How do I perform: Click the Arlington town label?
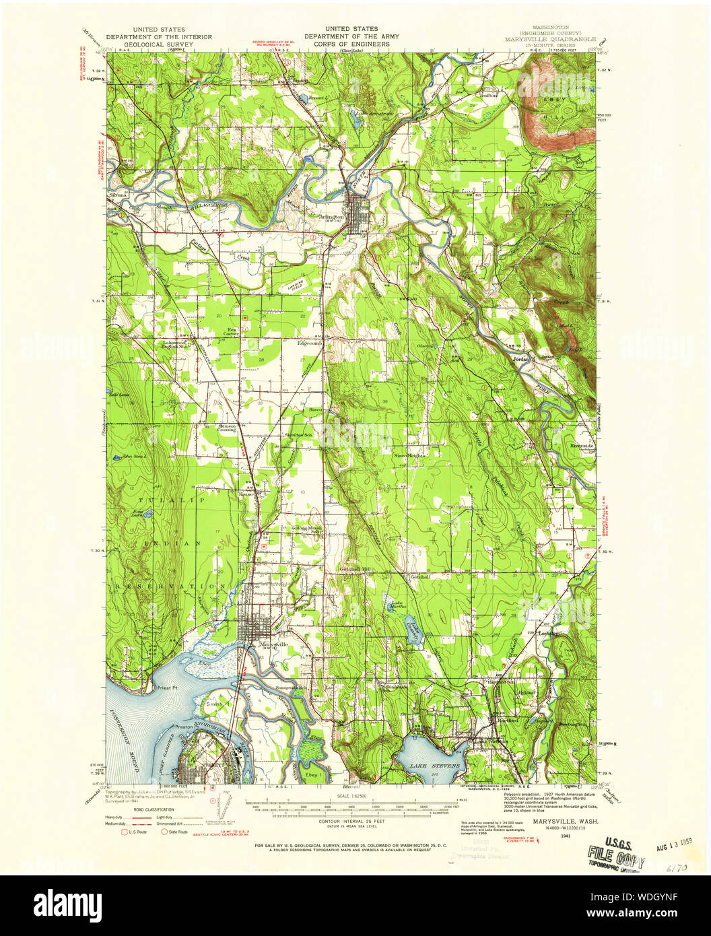point(332,217)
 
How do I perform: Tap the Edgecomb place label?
point(311,342)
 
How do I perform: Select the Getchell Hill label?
point(355,569)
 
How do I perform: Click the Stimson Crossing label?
point(226,428)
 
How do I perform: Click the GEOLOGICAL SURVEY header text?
point(159,44)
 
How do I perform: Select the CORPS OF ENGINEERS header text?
point(347,44)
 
